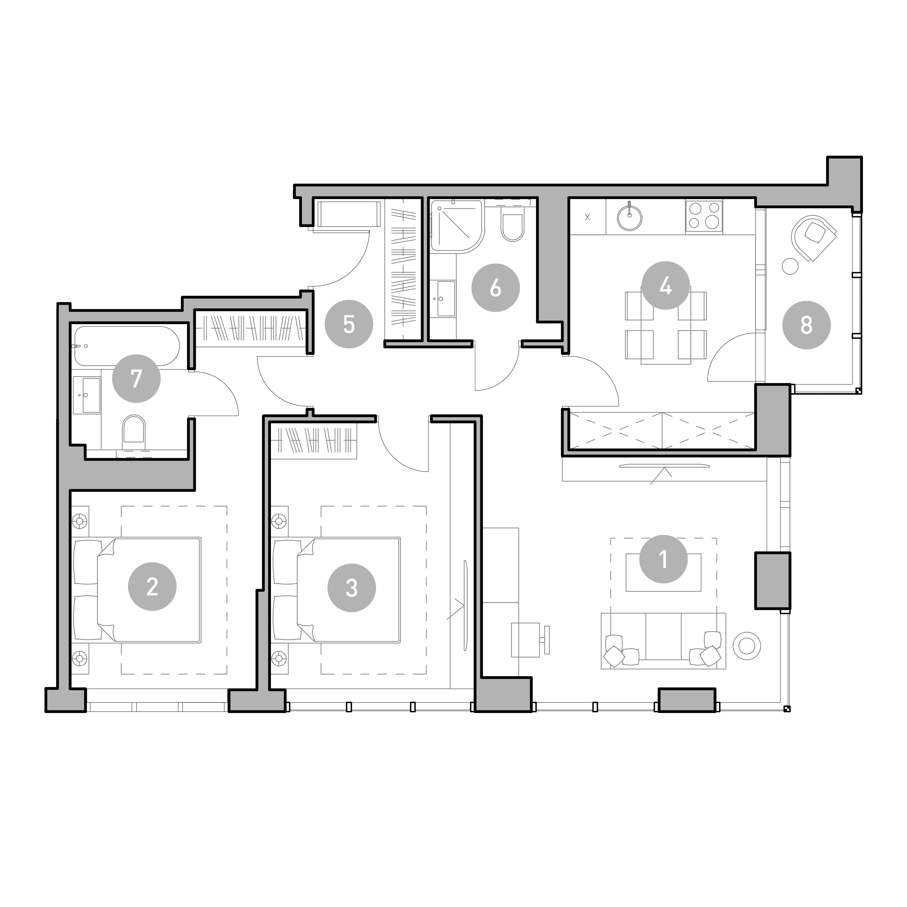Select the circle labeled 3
point(352,587)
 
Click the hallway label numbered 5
point(349,324)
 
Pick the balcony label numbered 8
point(806,325)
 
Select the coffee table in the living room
point(663,572)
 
